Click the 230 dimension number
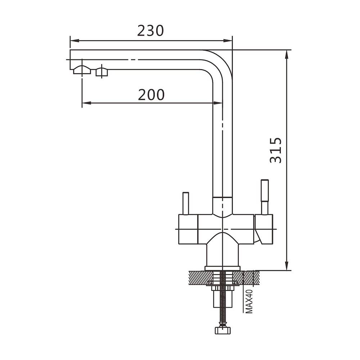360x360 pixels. click(x=150, y=31)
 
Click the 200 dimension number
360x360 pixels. click(x=151, y=95)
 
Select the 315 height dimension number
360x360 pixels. click(x=275, y=150)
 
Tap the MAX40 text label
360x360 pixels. click(x=249, y=301)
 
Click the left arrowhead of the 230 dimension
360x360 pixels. click(x=75, y=41)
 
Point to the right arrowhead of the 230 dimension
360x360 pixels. click(x=228, y=41)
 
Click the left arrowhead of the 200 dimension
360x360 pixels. click(x=86, y=103)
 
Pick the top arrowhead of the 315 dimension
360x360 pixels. click(x=287, y=54)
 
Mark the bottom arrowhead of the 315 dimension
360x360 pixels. click(x=287, y=266)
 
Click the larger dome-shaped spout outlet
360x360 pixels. click(x=82, y=70)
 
